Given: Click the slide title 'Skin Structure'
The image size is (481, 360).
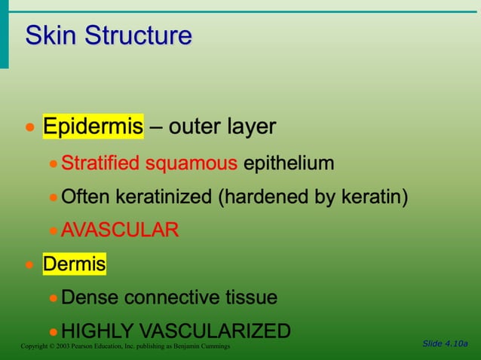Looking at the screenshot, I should (x=109, y=35).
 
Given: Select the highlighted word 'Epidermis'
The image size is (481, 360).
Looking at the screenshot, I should (x=93, y=127).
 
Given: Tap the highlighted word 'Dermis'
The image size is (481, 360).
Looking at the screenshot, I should (x=74, y=264).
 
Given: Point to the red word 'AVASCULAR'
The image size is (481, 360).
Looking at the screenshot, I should (x=120, y=230).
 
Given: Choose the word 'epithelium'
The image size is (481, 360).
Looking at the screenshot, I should (x=289, y=163).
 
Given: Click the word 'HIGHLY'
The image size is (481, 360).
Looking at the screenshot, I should (x=97, y=331).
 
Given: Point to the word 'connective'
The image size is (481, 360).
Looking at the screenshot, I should (x=170, y=297).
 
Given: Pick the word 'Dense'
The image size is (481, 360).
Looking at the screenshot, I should (x=90, y=297).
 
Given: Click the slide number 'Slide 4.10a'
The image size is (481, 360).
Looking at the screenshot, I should (x=445, y=343).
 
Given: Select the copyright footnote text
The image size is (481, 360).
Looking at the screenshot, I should (x=125, y=346).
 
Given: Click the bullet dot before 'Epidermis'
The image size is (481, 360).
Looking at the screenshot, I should (x=29, y=127).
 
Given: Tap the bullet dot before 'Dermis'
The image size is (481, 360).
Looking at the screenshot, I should (x=29, y=265).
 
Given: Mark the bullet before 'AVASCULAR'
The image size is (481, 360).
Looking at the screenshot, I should (x=54, y=230).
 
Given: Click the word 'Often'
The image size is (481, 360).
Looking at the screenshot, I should (x=84, y=197).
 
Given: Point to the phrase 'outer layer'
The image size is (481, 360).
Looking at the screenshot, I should (x=222, y=127).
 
